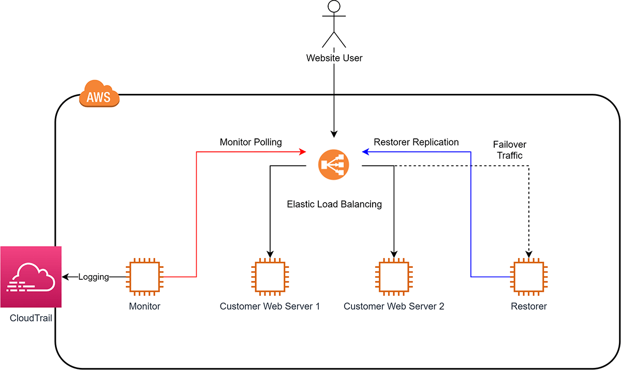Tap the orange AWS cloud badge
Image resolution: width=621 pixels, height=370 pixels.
[99, 94]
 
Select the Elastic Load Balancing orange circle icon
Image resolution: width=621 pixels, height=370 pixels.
[333, 165]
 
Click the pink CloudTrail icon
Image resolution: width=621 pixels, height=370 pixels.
[31, 277]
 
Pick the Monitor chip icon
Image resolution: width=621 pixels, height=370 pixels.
[144, 277]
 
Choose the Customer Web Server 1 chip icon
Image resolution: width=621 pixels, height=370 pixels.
[270, 277]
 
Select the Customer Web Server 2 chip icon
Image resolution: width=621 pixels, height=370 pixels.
[394, 277]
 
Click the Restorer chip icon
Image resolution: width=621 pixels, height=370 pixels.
[529, 277]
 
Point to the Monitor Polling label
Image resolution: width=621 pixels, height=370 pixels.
[250, 142]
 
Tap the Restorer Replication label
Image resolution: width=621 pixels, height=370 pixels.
[416, 142]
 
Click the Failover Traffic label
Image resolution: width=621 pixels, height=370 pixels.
[510, 150]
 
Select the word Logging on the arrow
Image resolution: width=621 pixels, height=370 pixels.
[94, 277]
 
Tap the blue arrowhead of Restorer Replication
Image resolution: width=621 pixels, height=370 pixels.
[366, 152]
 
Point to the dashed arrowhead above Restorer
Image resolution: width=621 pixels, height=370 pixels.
[529, 254]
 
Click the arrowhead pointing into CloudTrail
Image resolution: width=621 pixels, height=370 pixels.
[65, 277]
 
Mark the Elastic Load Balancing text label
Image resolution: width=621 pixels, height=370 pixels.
[334, 204]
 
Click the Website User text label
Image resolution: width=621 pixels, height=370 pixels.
[334, 58]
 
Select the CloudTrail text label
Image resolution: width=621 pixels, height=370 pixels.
[31, 318]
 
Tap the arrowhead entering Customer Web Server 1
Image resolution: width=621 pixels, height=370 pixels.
[270, 254]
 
